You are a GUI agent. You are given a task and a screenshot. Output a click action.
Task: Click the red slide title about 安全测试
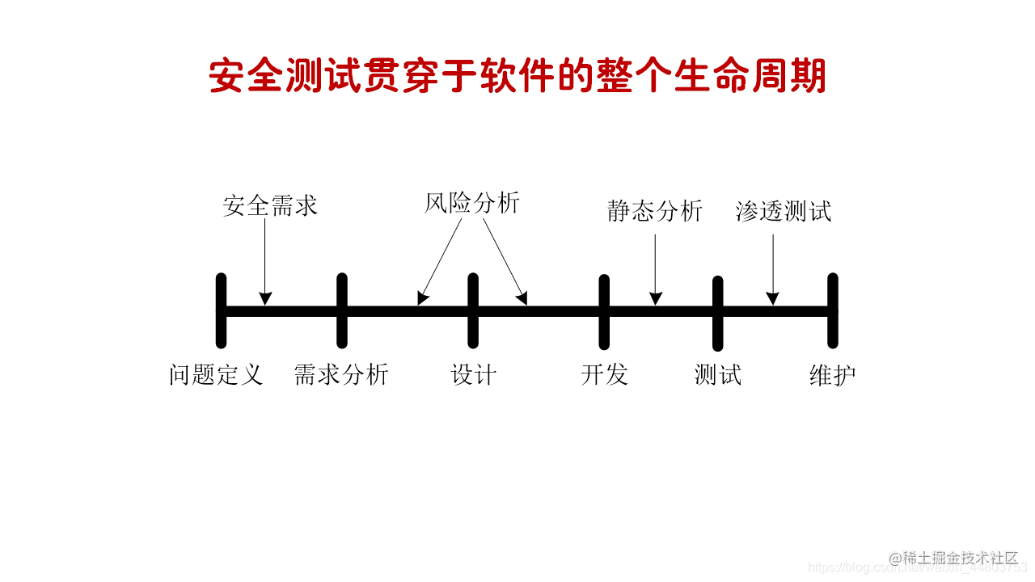point(517,77)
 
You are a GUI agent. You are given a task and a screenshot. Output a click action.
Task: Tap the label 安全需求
point(270,205)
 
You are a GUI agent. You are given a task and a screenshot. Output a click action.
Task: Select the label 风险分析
point(471,203)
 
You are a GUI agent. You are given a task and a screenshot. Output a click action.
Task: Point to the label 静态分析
point(655,211)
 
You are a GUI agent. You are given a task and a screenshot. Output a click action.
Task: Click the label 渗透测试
point(784,211)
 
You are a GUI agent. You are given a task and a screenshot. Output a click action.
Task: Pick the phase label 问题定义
point(216,375)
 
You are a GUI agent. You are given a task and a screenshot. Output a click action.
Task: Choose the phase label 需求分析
point(341,375)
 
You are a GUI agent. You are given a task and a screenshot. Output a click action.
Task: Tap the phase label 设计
point(473,375)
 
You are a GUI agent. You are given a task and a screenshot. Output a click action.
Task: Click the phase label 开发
point(604,375)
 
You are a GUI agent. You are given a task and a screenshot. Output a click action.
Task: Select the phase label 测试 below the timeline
point(717,375)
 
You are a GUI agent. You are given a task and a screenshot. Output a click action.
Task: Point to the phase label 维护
point(833,375)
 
